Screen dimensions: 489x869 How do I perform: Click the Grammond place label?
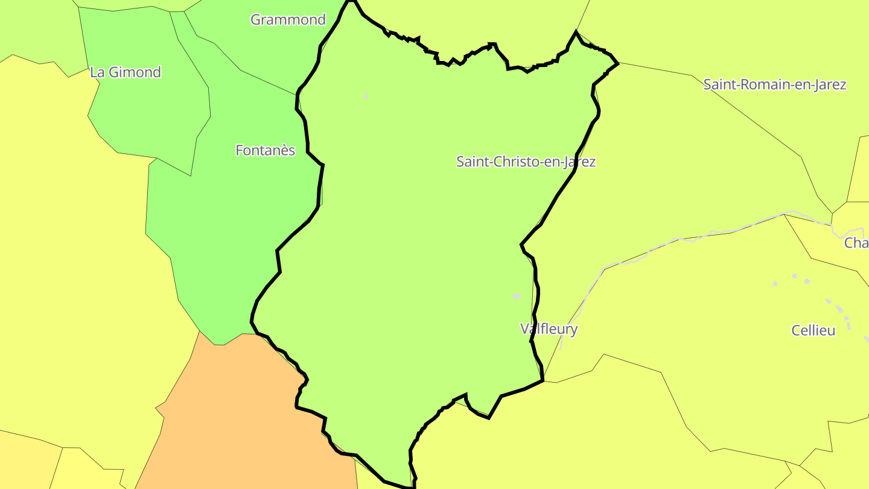coord(288,19)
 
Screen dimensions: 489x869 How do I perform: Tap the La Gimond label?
coord(126,72)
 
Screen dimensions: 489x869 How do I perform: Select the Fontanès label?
coord(265,150)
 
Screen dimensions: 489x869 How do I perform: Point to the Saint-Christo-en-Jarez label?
coord(526,162)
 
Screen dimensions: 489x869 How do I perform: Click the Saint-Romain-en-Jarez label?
coord(774,85)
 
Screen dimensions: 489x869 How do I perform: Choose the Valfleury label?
coord(549,329)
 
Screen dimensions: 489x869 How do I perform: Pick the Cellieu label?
coord(813,330)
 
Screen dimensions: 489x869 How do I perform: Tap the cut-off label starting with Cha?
coord(856,243)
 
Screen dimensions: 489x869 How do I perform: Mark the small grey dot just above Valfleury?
coord(517,296)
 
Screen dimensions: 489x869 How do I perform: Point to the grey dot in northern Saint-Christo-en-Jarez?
coord(366,96)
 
